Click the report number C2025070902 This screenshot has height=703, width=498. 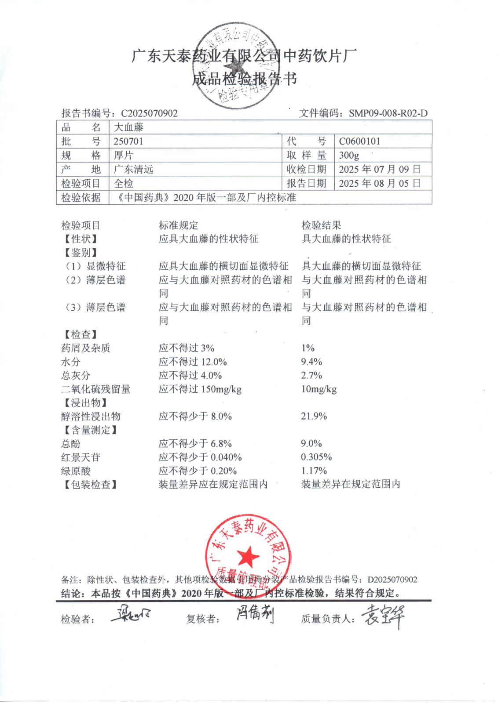(x=149, y=113)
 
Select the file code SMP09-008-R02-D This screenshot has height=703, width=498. (x=388, y=113)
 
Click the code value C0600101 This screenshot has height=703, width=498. (x=359, y=141)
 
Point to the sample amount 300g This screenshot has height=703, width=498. (x=349, y=156)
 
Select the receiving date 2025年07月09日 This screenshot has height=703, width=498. (x=380, y=170)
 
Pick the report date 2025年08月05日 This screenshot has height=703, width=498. (x=380, y=184)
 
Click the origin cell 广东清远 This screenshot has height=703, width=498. (x=133, y=170)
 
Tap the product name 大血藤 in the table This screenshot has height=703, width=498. (x=128, y=128)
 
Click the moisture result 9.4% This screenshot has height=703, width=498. (x=311, y=362)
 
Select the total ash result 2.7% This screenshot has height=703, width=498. (x=311, y=376)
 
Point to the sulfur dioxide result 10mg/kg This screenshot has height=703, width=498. (x=319, y=389)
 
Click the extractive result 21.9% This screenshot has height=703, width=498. (x=314, y=417)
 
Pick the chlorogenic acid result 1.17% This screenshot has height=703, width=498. (x=314, y=471)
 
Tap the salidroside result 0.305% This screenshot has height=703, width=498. (x=316, y=457)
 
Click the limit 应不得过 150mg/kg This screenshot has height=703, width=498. (x=200, y=389)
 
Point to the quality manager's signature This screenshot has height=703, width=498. (x=382, y=616)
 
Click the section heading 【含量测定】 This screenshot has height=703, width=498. (x=91, y=430)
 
